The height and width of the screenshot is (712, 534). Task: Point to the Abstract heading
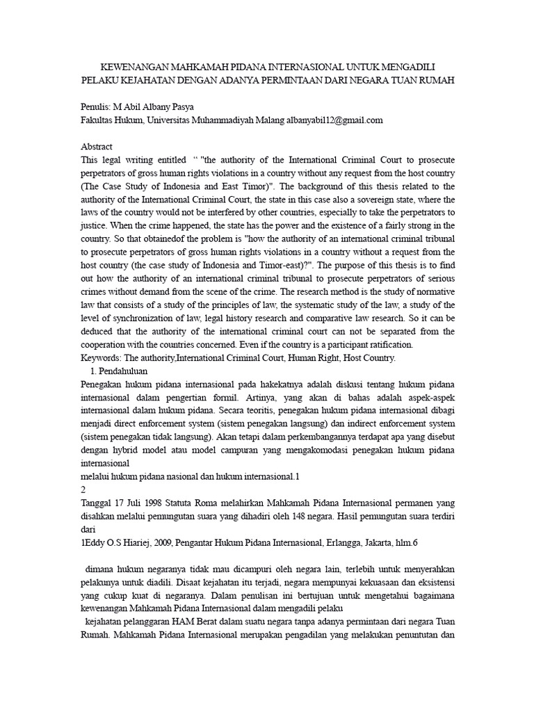click(97, 147)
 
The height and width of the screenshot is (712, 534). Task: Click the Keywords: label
click(102, 358)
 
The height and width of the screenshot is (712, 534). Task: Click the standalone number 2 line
click(84, 489)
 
